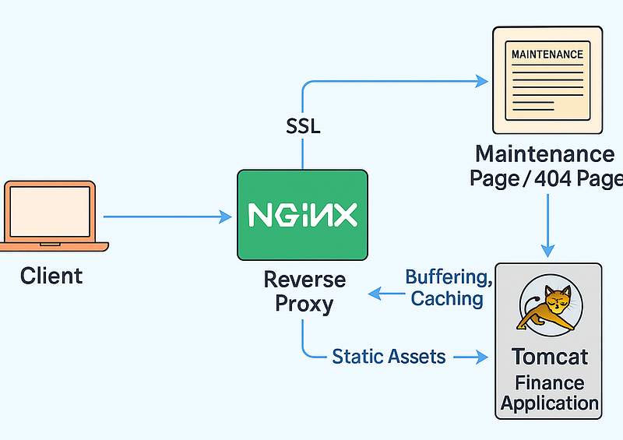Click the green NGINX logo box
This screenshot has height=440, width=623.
[x=301, y=215]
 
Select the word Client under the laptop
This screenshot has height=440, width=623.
[x=51, y=275]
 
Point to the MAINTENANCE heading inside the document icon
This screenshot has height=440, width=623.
[x=547, y=55]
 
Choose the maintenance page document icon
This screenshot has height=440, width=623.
[x=547, y=81]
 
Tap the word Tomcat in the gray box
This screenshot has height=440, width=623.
[x=550, y=357]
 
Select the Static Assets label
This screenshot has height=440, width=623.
[x=389, y=357]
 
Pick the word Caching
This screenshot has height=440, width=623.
[x=447, y=298]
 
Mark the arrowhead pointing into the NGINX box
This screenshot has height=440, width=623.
[x=227, y=217]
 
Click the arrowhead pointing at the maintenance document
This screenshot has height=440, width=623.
[x=481, y=79]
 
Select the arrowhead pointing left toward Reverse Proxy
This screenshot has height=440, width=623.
[x=375, y=293]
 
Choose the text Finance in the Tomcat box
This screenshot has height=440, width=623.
[x=549, y=383]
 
